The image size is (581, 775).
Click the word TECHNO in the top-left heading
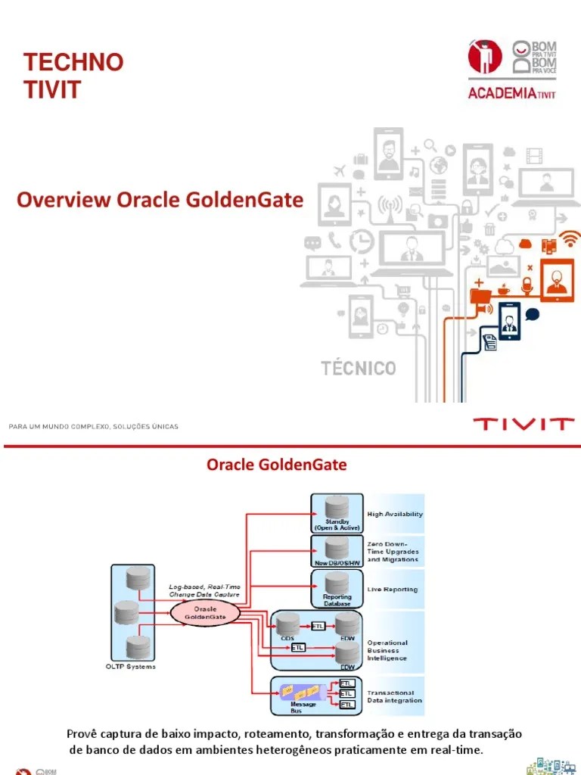[x=73, y=62]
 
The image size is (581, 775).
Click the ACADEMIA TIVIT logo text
[x=511, y=94]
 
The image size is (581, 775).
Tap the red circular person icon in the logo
[x=485, y=57]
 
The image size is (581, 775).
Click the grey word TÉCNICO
[x=359, y=369]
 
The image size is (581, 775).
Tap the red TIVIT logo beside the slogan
[x=523, y=423]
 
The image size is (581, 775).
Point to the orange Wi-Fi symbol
[x=570, y=240]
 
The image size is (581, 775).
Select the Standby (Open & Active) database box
[x=336, y=513]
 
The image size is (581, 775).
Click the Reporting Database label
[x=337, y=600]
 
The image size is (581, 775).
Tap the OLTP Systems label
[x=130, y=667]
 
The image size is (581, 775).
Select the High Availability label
[x=395, y=514]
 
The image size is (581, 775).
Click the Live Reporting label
[x=392, y=589]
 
